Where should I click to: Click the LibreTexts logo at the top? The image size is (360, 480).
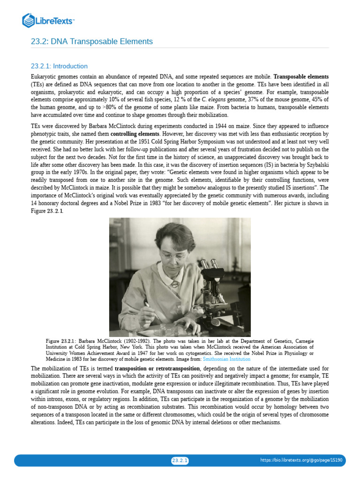(48, 21)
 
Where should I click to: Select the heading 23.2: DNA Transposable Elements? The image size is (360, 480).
(92, 42)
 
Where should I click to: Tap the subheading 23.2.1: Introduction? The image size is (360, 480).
(59, 67)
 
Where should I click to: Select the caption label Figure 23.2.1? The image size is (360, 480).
(61, 341)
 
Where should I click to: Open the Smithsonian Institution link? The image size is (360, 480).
(226, 359)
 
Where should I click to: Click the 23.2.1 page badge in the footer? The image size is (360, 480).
(180, 461)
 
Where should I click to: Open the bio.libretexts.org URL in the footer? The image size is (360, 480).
(301, 460)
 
